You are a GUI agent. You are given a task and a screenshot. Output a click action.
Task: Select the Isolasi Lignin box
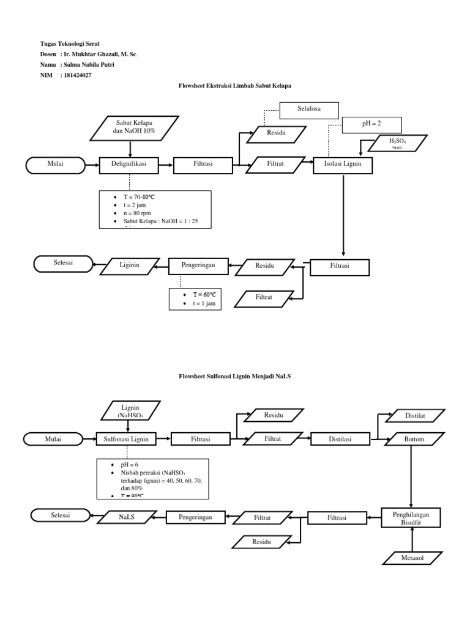(x=343, y=165)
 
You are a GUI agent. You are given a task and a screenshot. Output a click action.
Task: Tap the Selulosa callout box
(x=309, y=111)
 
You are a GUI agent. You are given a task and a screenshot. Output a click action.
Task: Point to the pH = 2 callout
(x=371, y=125)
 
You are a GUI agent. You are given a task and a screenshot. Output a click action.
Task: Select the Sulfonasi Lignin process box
(x=127, y=438)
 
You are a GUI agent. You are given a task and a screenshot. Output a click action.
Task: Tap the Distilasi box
(x=340, y=438)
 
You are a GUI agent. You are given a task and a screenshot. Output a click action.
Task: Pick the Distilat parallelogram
(x=414, y=416)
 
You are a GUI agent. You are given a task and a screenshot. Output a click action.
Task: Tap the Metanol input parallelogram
(x=413, y=558)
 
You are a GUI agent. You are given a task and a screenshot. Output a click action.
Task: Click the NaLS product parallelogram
(x=127, y=517)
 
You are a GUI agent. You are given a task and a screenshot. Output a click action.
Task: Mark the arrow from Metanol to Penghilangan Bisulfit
(x=413, y=539)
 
